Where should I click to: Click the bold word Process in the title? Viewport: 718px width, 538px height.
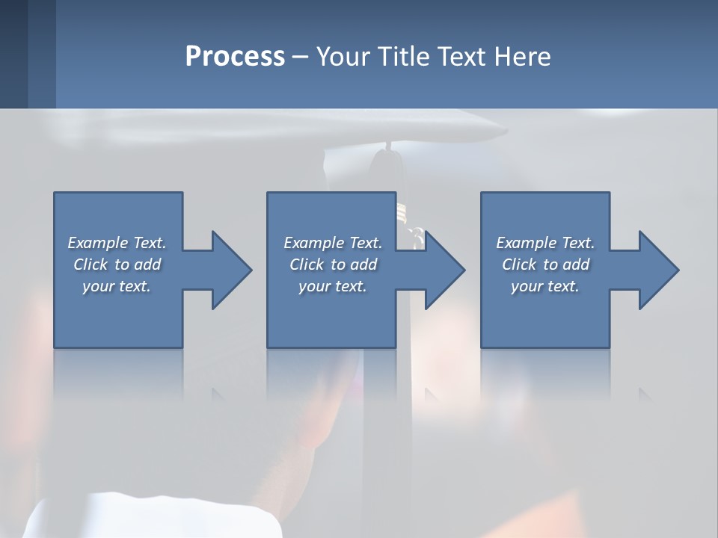(235, 57)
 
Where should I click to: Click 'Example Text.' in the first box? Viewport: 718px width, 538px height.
(117, 243)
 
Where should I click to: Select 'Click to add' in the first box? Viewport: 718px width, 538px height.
(117, 265)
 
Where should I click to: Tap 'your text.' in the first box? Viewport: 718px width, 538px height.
(117, 286)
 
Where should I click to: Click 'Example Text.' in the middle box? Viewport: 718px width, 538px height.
(332, 243)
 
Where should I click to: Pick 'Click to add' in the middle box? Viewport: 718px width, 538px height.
(332, 265)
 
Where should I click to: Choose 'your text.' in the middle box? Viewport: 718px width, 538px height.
(332, 286)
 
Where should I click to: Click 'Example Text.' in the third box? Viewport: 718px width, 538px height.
(545, 243)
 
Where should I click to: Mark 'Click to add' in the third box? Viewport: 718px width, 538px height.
(545, 265)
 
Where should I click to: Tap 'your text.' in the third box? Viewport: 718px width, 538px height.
(545, 286)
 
